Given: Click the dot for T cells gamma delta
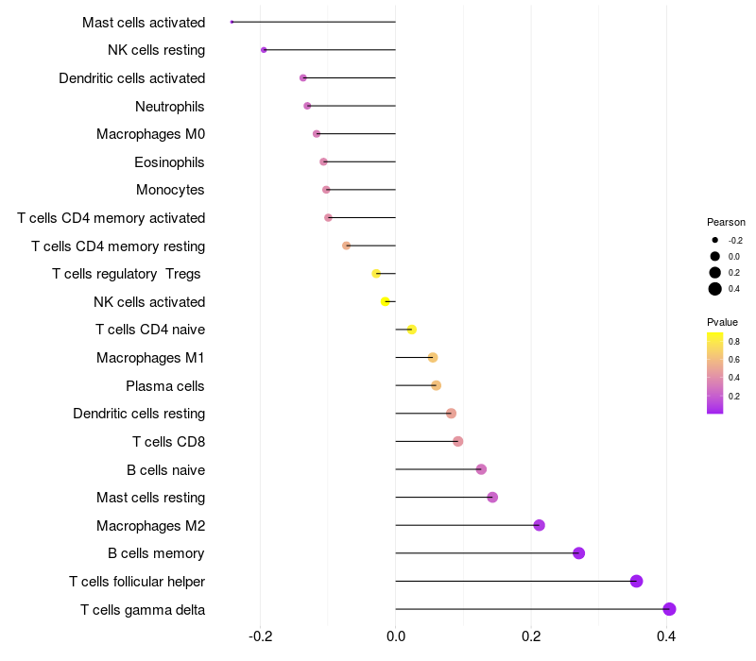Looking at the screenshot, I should point(669,609).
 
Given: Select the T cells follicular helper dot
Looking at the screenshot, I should point(636,581).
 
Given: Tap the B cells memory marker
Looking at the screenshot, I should point(578,553).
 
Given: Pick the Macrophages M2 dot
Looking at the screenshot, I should point(539,525).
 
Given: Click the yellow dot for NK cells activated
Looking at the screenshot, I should point(385,301).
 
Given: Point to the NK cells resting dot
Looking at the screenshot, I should point(264,50).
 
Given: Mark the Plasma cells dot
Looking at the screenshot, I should point(436,385).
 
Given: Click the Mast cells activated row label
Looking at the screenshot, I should point(144,22).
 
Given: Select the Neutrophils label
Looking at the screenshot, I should point(170,106).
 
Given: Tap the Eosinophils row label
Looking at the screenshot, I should point(169,161).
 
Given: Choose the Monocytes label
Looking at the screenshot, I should point(170,190).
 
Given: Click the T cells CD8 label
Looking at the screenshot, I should point(168,441).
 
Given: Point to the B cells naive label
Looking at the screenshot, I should point(165,469).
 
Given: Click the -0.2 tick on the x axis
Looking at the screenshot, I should point(260,636).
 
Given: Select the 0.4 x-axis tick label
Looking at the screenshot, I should point(666,636).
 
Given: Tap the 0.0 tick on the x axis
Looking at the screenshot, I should point(395,636).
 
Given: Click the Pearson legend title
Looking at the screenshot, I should point(726,222).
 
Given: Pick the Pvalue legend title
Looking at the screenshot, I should point(722,322).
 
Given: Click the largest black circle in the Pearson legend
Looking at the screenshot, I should point(715,289).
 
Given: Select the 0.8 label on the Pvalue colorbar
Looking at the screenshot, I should point(733,341).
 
